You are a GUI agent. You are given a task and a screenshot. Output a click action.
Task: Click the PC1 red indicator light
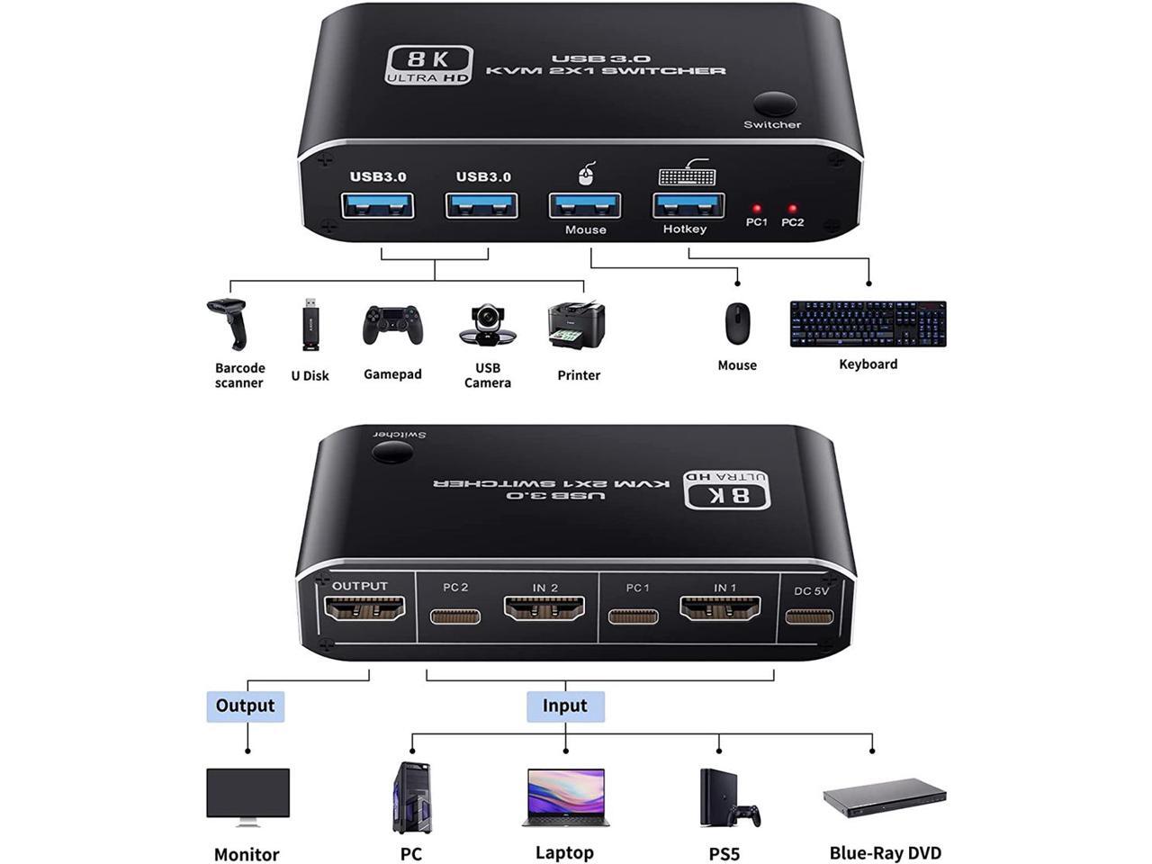click(757, 209)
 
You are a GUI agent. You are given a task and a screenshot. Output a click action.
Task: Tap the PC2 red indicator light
click(792, 209)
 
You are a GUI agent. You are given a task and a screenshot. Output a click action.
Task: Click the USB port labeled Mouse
click(585, 205)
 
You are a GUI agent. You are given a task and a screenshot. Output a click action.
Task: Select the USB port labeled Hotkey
click(688, 205)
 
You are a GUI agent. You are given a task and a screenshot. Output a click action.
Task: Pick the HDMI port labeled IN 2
click(544, 611)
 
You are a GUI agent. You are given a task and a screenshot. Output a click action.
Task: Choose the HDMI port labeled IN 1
click(720, 611)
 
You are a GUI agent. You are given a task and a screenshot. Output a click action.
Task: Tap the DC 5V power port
click(809, 616)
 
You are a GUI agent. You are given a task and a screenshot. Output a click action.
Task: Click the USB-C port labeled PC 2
click(455, 616)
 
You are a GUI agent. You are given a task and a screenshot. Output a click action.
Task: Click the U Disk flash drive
click(310, 324)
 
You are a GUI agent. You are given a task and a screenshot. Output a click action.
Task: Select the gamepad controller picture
click(392, 326)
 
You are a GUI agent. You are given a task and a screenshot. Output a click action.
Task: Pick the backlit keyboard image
click(868, 324)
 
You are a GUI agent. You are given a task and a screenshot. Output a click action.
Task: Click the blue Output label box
click(245, 706)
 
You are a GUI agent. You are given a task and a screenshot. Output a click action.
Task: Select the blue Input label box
click(564, 706)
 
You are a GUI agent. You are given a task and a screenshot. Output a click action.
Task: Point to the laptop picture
click(565, 797)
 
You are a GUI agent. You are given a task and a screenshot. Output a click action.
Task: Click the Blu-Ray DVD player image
click(885, 797)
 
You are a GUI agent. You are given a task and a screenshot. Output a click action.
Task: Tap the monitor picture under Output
click(247, 796)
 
